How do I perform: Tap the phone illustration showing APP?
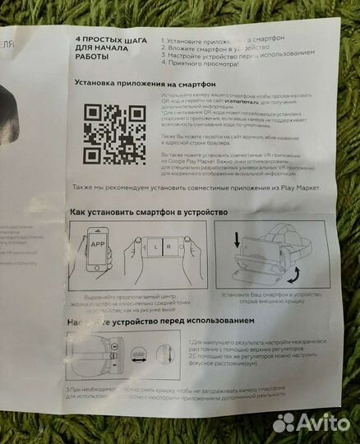pos(96,250)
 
